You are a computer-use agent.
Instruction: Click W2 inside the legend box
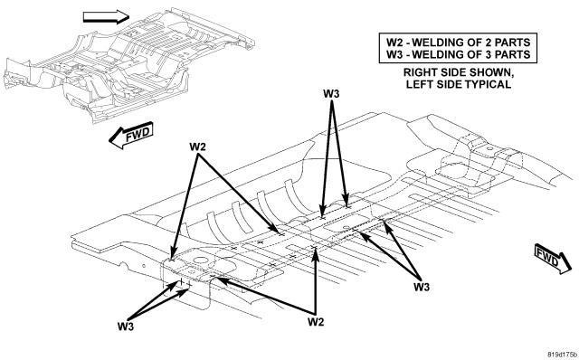[394, 43]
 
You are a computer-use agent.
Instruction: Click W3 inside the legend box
[394, 54]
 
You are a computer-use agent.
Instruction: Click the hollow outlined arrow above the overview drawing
[107, 17]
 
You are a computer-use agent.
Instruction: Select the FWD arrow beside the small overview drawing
[131, 135]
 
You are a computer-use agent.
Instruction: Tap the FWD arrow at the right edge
[553, 260]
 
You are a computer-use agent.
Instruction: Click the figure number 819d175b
[563, 355]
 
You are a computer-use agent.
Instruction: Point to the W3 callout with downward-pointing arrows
[331, 94]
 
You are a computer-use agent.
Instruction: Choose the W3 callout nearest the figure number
[422, 287]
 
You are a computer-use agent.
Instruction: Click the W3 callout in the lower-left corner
[126, 327]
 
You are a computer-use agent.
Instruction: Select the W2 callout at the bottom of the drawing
[316, 322]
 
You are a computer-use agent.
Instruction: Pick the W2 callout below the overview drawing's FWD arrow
[197, 147]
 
